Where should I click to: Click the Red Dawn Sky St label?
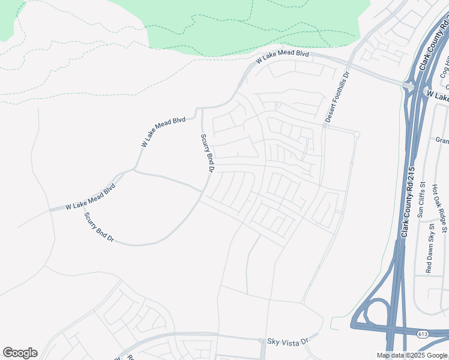[429, 248]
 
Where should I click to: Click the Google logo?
[20, 353]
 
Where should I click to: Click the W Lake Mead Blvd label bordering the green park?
[282, 58]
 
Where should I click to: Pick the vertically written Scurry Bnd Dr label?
[207, 153]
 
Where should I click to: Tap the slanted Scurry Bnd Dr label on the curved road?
[99, 227]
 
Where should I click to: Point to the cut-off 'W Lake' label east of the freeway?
[438, 97]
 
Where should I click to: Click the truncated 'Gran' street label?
[442, 140]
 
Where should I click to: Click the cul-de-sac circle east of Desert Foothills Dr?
[357, 134]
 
